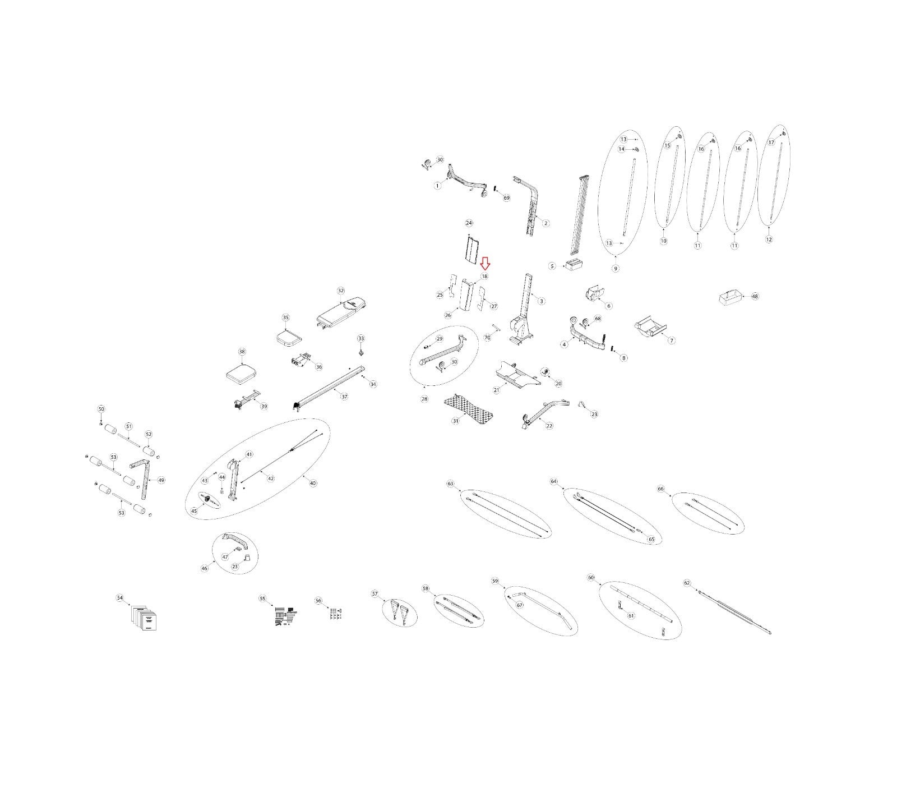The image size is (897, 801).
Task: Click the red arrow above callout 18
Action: coord(486,263)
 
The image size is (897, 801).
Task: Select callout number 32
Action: coord(341,291)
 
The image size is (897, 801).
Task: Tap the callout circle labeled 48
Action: coord(755,296)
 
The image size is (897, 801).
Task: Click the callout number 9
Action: coord(616,269)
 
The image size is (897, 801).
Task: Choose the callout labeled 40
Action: coord(313,483)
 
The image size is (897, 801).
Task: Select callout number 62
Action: coord(687,583)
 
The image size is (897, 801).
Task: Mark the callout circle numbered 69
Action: coord(507,198)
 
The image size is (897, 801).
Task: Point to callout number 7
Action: coord(672,340)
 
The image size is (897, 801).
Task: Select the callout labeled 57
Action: coord(375,593)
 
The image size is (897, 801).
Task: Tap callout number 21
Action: coord(496,390)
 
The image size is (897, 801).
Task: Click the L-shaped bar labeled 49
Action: coord(143,477)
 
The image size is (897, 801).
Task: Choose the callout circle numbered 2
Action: coord(545,223)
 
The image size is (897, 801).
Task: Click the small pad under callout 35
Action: coord(289,338)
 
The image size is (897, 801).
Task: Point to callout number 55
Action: coord(262,599)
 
